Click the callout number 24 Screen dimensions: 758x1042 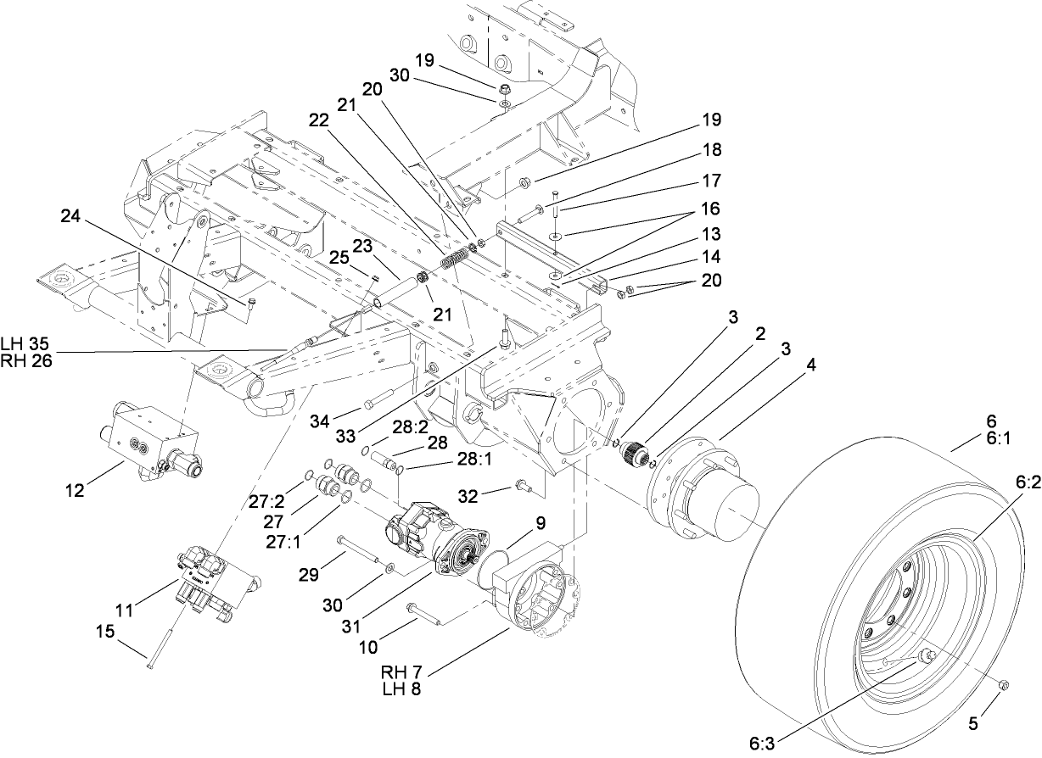coord(73,216)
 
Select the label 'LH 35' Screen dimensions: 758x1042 coord(24,343)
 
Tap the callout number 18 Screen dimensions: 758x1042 coord(712,150)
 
